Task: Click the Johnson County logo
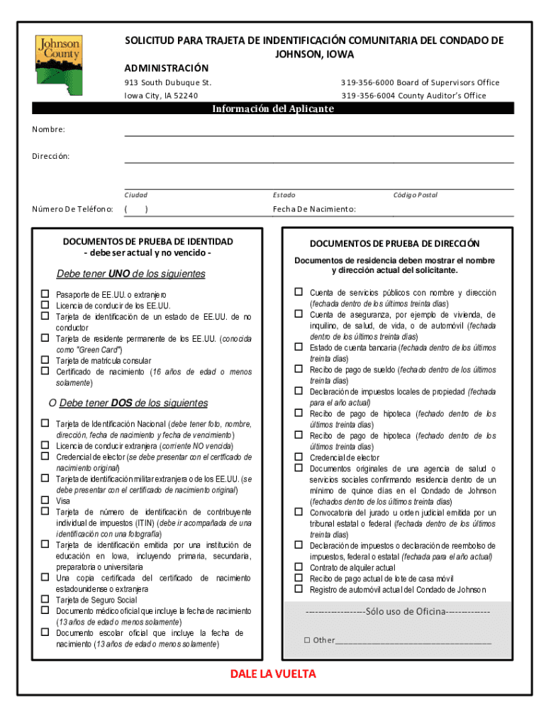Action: pos(60,65)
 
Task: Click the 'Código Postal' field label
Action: pos(416,195)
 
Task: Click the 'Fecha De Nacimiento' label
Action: pos(314,209)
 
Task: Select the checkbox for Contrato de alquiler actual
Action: pos(299,567)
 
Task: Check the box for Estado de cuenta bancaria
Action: pos(299,347)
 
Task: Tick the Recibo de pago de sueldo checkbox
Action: pos(299,369)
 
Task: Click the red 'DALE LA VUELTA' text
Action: pos(273,674)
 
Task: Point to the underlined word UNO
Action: pos(119,274)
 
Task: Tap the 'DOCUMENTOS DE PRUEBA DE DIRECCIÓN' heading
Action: pos(394,243)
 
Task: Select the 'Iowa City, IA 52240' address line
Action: pos(161,96)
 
